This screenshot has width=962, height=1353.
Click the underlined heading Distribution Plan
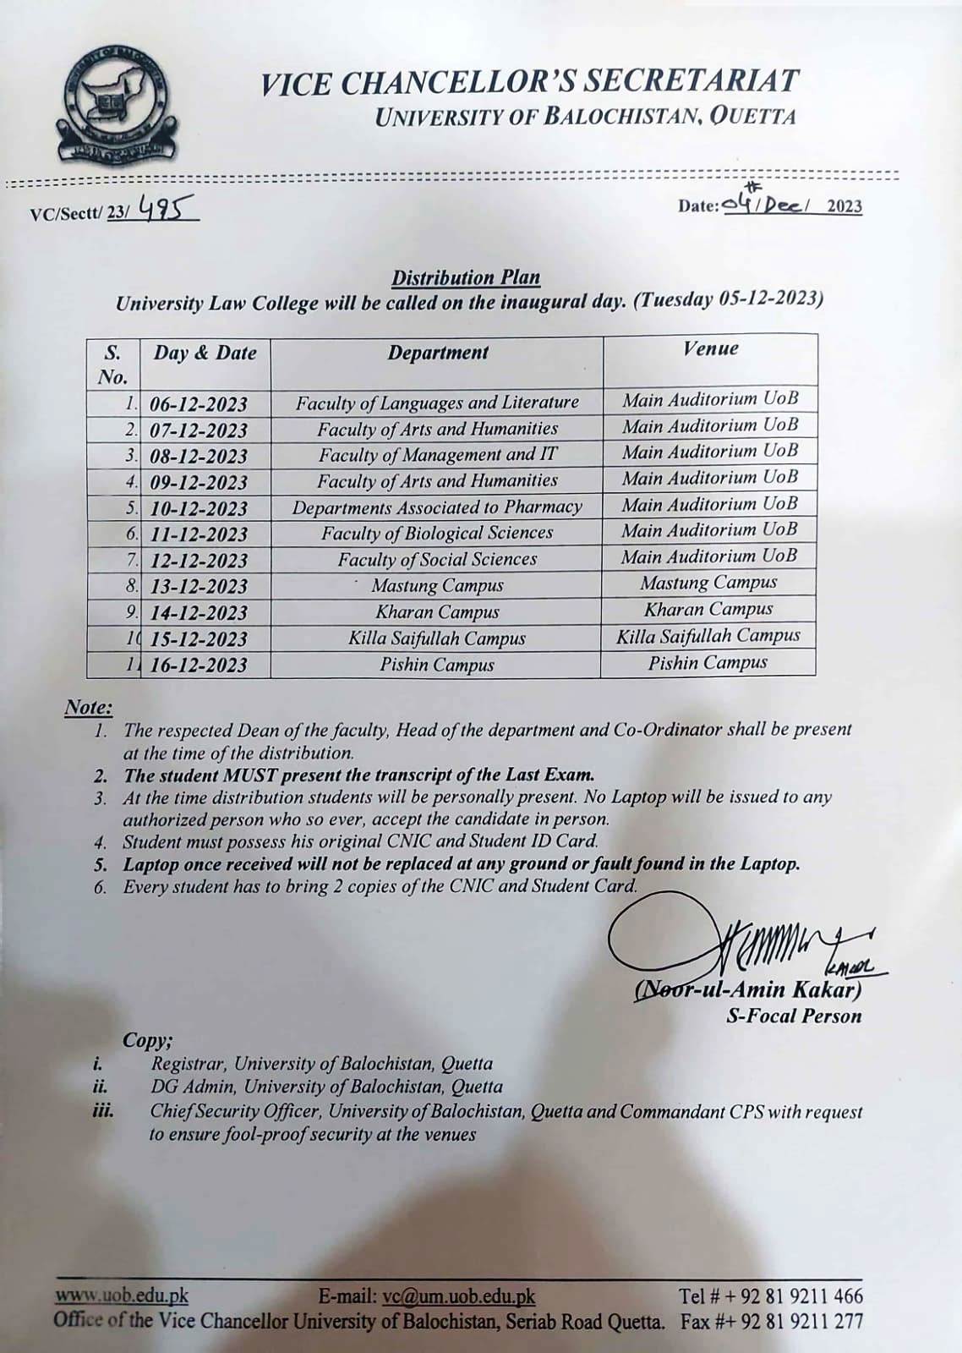point(466,277)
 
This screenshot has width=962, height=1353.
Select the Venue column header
point(710,348)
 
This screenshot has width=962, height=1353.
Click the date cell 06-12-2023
point(199,403)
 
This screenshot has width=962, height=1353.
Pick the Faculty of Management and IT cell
point(438,455)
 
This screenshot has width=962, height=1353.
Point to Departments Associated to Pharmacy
point(437,507)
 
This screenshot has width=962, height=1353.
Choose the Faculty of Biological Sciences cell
point(437,534)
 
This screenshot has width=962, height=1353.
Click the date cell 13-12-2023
point(199,586)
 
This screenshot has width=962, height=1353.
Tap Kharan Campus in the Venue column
point(708,610)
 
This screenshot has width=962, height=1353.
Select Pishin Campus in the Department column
point(437,665)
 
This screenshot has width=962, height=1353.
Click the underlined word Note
point(88,707)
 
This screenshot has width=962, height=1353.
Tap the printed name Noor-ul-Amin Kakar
point(749,990)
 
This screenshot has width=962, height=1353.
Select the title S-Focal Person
point(794,1016)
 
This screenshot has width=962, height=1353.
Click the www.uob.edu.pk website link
point(122,1295)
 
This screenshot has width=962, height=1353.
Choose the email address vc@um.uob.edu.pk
point(458,1295)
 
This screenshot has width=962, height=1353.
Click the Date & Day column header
point(205,353)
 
